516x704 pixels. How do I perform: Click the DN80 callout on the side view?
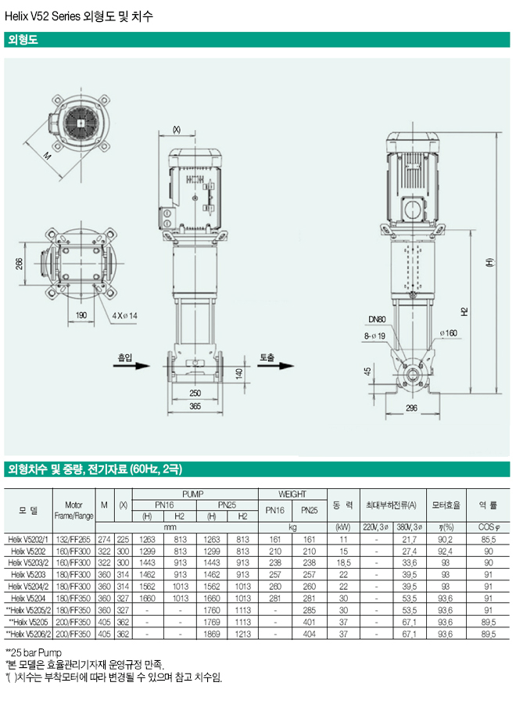[378, 319]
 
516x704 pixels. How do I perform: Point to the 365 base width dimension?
[195, 407]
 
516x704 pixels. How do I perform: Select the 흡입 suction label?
[124, 357]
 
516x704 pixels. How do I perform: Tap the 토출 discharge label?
[267, 357]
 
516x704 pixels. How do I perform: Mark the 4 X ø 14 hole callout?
[124, 315]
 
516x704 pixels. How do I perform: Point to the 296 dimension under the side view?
[412, 408]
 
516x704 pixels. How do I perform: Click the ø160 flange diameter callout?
[448, 334]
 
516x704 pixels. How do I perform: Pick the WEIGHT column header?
[292, 494]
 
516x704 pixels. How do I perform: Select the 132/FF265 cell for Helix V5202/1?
[74, 539]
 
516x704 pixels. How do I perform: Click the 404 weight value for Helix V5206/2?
[310, 633]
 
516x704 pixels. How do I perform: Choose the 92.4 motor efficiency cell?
[445, 551]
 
